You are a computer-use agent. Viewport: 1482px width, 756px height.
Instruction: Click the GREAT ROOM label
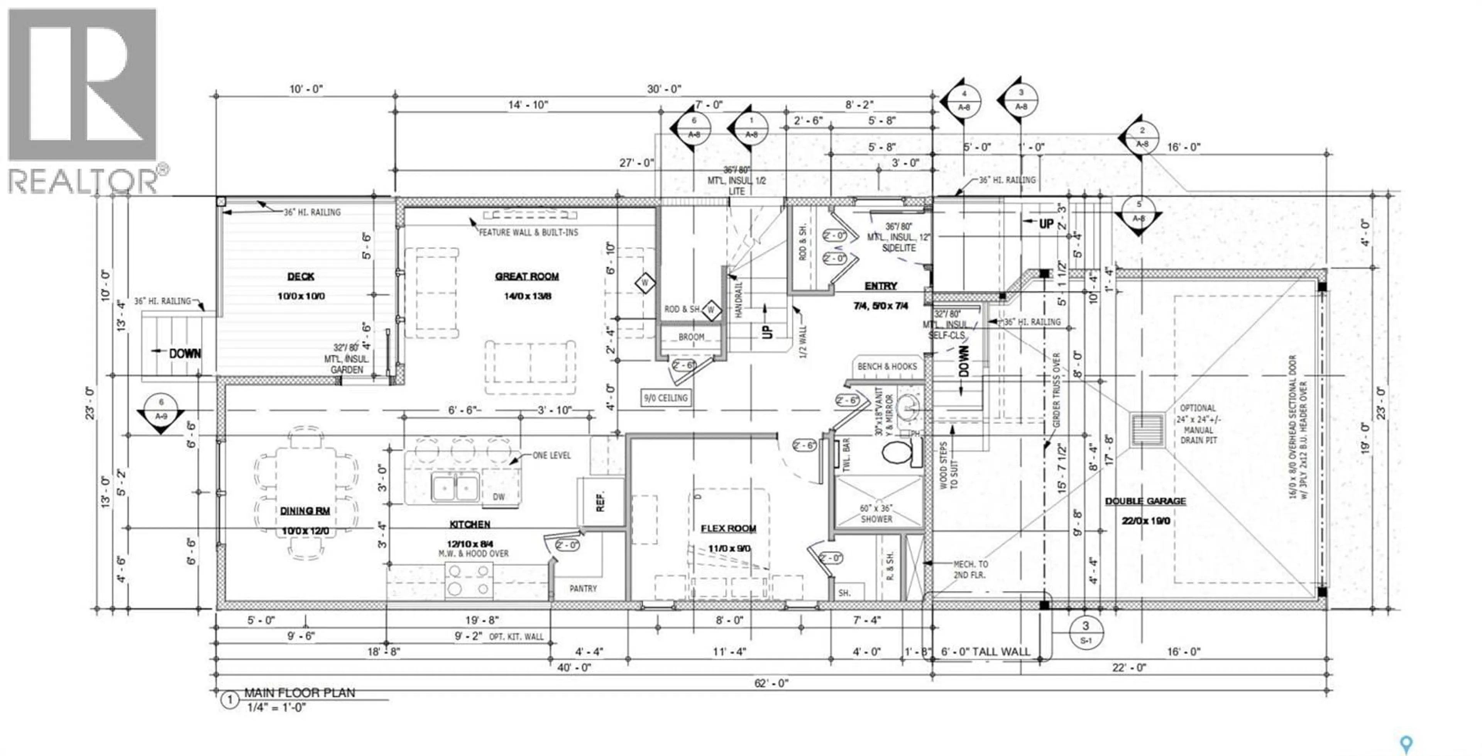click(526, 276)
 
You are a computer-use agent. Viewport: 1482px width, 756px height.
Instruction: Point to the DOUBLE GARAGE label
click(1145, 501)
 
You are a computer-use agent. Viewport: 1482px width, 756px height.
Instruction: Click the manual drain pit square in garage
click(1147, 429)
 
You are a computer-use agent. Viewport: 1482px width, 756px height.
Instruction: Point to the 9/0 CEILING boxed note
click(666, 398)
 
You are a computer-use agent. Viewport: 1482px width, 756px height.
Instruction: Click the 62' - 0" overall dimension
click(771, 683)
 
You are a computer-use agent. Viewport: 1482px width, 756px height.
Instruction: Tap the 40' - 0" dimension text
click(574, 667)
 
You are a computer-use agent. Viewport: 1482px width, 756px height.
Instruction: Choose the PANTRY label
click(583, 588)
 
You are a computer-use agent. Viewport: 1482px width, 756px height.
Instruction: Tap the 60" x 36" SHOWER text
click(876, 514)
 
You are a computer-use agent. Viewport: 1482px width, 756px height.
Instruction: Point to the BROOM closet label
click(691, 337)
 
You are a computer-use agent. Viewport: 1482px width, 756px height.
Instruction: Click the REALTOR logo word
click(83, 181)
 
